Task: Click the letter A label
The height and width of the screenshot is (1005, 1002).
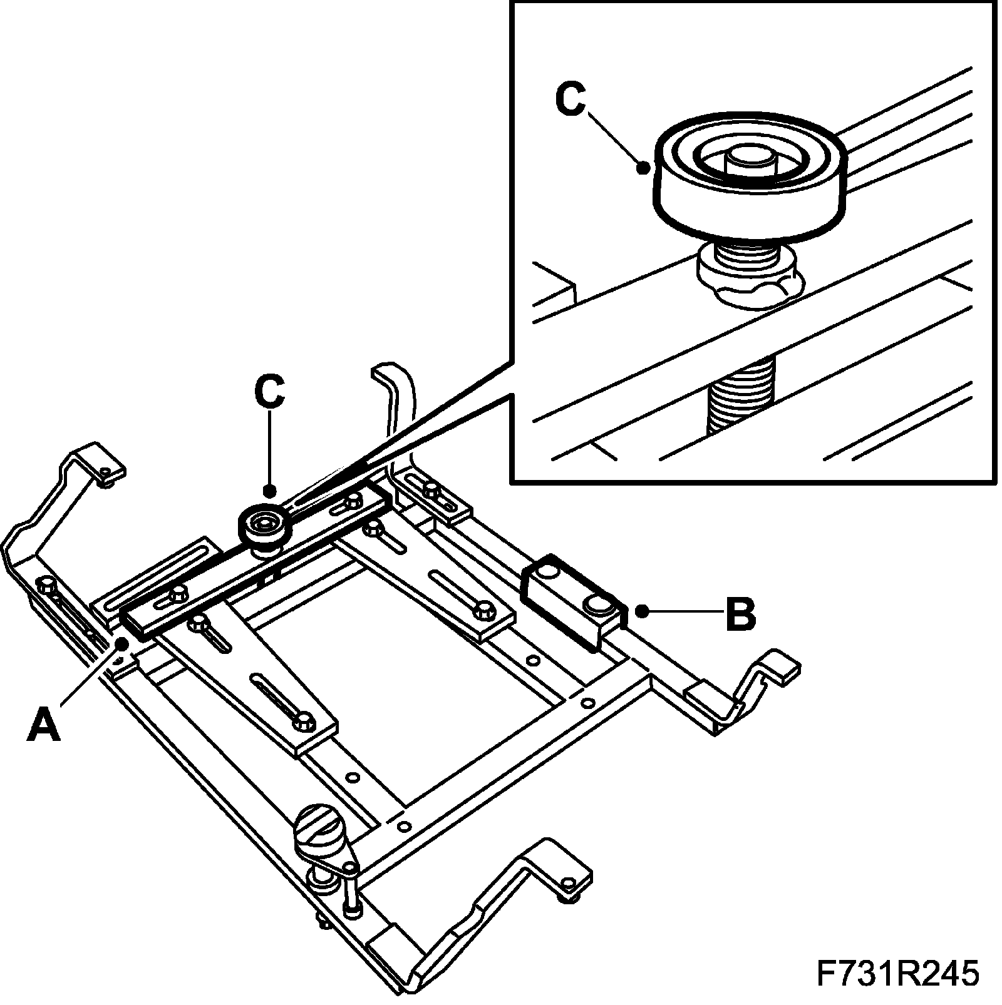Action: point(44,725)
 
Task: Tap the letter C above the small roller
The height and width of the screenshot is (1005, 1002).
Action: point(270,392)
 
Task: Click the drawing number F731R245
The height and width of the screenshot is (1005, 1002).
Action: point(897,974)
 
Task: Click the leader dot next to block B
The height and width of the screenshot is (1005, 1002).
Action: point(642,610)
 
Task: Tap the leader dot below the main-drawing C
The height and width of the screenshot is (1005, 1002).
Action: point(270,490)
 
